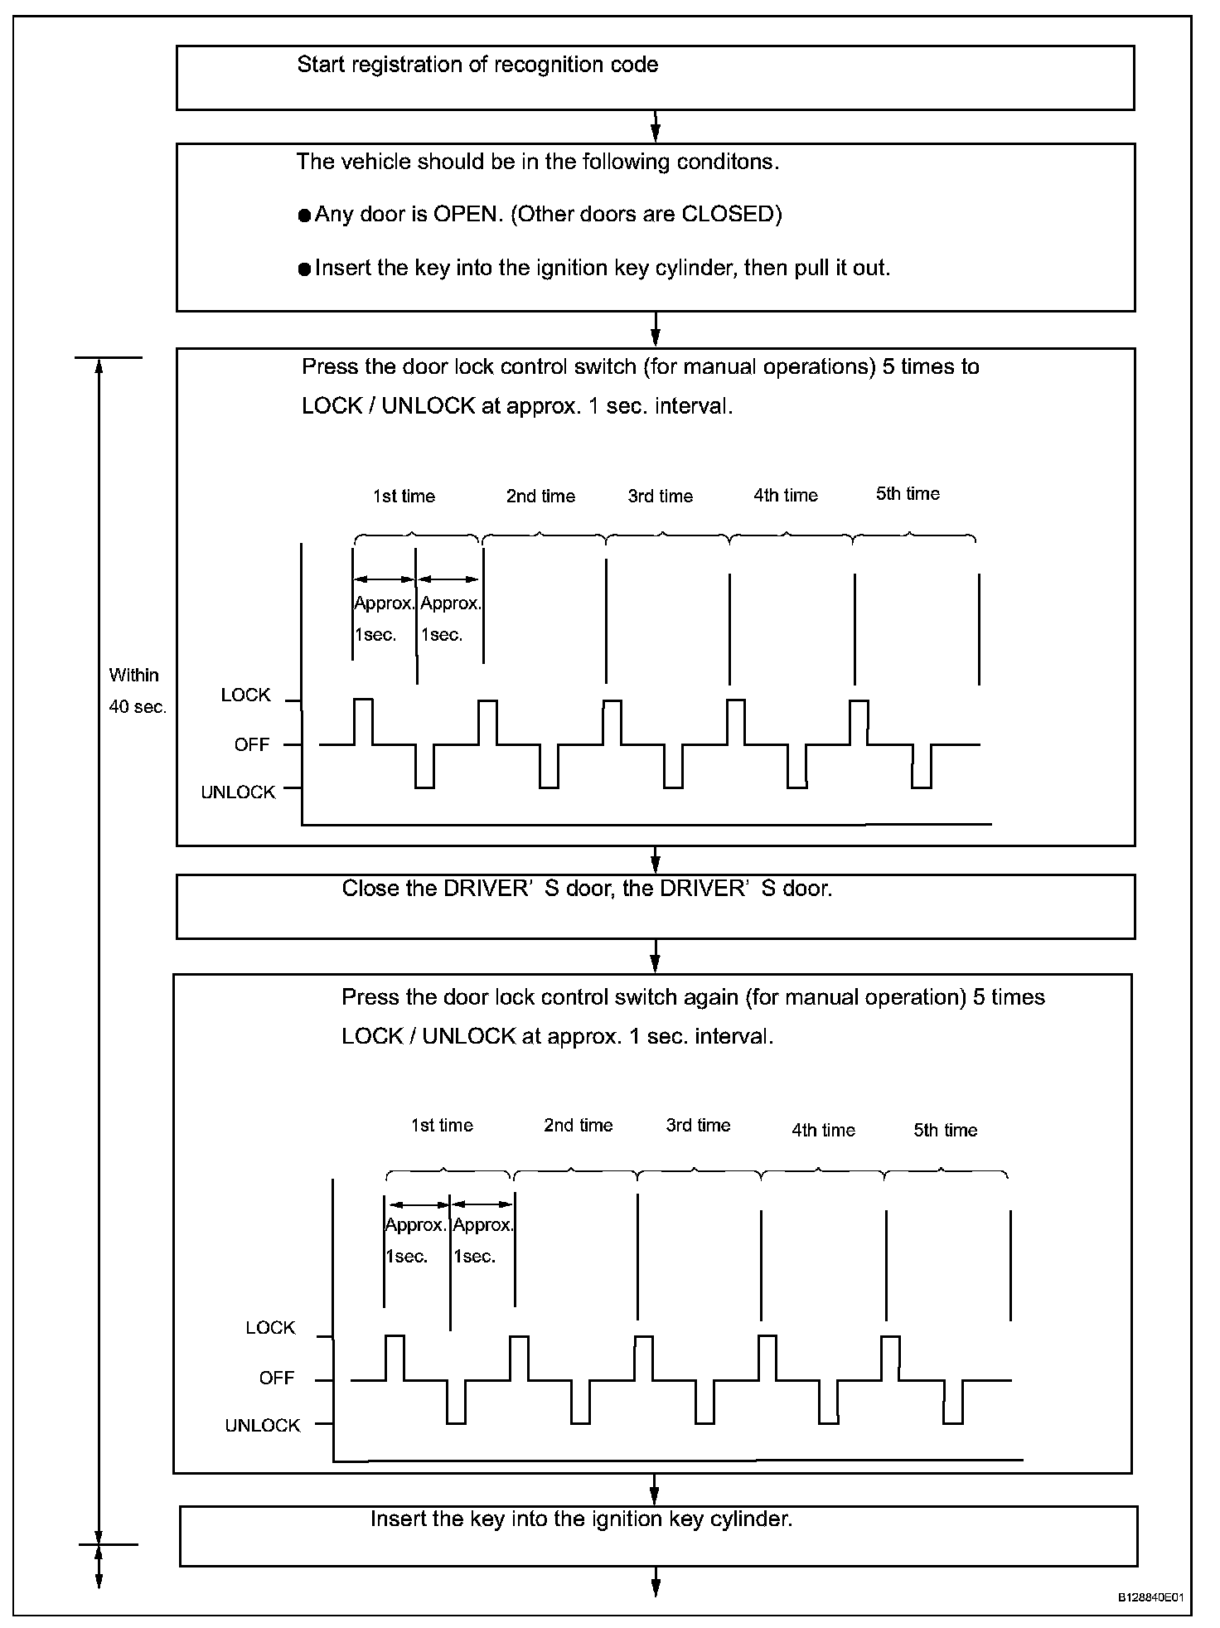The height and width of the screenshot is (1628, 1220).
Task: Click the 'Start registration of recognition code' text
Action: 477,65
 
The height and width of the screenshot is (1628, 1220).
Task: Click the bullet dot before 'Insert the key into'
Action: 304,269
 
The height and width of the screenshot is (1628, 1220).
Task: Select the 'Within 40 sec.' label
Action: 137,690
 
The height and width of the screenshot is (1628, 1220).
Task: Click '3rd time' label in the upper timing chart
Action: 660,497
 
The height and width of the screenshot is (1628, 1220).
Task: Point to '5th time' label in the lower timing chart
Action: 945,1130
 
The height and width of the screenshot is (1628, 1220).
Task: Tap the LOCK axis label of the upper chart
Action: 245,695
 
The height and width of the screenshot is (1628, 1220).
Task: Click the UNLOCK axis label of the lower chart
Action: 262,1426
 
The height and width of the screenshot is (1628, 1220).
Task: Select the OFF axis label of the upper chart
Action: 252,745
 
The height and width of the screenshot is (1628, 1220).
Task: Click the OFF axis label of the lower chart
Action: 276,1378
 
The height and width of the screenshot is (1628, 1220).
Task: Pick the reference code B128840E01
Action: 1150,1597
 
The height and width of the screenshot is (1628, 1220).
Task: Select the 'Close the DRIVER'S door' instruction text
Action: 587,889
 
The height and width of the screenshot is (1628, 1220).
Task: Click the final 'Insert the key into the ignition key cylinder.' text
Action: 581,1519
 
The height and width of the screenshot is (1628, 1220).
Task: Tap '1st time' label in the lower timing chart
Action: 442,1126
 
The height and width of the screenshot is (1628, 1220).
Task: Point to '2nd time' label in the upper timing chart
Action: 540,497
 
